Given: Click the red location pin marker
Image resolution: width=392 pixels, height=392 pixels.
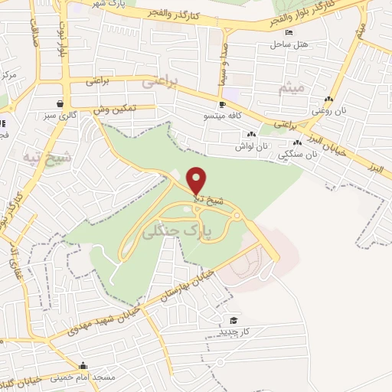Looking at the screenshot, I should (x=197, y=181).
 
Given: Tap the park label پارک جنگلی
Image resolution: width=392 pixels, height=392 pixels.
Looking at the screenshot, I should (x=181, y=228).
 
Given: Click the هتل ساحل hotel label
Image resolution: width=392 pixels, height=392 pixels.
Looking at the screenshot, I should (x=288, y=44).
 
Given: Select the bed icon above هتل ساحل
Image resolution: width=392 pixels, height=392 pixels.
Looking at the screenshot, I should (x=288, y=32).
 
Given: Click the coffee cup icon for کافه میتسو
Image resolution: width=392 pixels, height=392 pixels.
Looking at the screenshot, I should (x=222, y=104).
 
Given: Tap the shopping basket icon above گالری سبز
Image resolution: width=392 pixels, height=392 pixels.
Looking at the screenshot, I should (x=60, y=103).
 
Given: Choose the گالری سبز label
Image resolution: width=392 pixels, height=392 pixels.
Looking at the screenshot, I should (x=60, y=115).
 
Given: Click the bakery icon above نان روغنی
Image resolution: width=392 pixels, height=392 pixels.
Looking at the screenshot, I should (x=328, y=100).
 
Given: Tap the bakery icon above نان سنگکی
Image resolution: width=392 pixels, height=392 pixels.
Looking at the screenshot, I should (x=297, y=142).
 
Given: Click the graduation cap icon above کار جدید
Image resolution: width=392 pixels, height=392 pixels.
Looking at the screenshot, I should (x=232, y=320).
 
